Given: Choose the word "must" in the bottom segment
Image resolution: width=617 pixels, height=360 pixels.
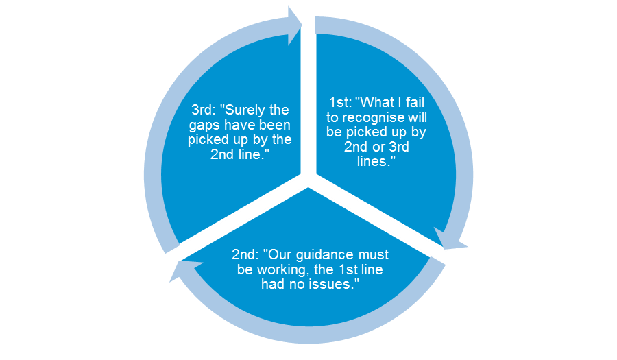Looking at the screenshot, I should (x=373, y=254).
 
